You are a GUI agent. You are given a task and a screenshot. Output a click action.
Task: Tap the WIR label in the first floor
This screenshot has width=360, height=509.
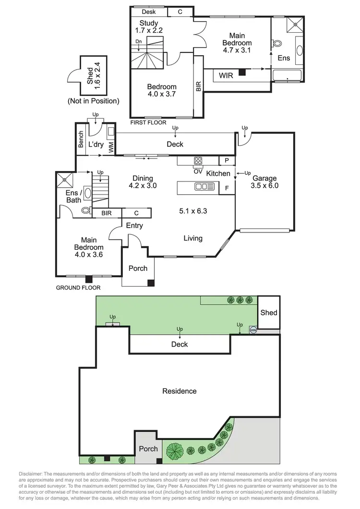[226, 75]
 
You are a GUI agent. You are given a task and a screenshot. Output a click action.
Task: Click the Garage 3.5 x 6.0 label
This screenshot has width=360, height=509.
[264, 182]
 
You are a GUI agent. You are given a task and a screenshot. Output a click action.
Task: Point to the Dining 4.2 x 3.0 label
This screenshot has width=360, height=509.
[144, 181]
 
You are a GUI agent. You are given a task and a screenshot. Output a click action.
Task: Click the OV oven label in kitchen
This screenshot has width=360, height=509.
[197, 171]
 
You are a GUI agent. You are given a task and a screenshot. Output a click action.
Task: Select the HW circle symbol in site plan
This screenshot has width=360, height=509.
[253, 330]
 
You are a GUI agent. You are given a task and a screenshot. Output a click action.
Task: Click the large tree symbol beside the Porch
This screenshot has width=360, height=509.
[175, 451]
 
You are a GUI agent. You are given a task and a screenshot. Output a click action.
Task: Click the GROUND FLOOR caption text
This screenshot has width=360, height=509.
[78, 288]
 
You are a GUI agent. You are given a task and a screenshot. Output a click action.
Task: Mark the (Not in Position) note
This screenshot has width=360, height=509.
[93, 101]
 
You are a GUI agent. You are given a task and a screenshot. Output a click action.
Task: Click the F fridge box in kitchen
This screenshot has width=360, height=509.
[227, 188]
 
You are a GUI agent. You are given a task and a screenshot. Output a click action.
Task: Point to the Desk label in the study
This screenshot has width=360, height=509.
[149, 12]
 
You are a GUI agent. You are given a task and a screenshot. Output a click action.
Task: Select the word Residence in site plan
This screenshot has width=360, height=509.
[179, 391]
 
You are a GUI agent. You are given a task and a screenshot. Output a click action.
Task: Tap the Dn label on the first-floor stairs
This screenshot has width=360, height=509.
[138, 41]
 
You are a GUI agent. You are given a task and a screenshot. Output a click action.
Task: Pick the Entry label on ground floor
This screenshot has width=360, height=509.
[134, 226]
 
